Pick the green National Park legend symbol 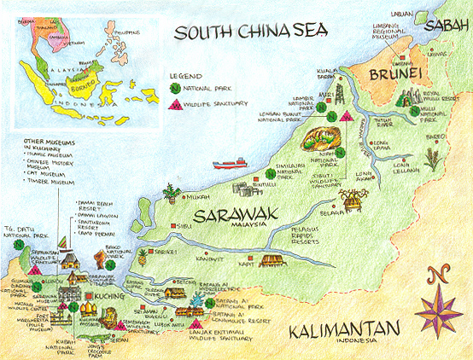click(x=176, y=88)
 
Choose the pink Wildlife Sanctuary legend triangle click(x=176, y=105)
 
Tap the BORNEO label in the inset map click(x=85, y=64)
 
